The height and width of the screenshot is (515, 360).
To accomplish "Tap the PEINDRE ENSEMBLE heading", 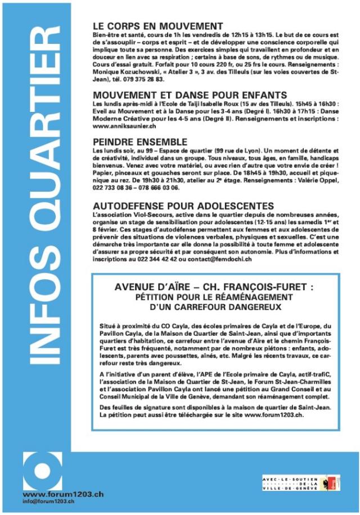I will click(x=141, y=142).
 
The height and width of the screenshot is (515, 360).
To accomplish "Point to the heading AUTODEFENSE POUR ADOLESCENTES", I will click(x=184, y=205).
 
